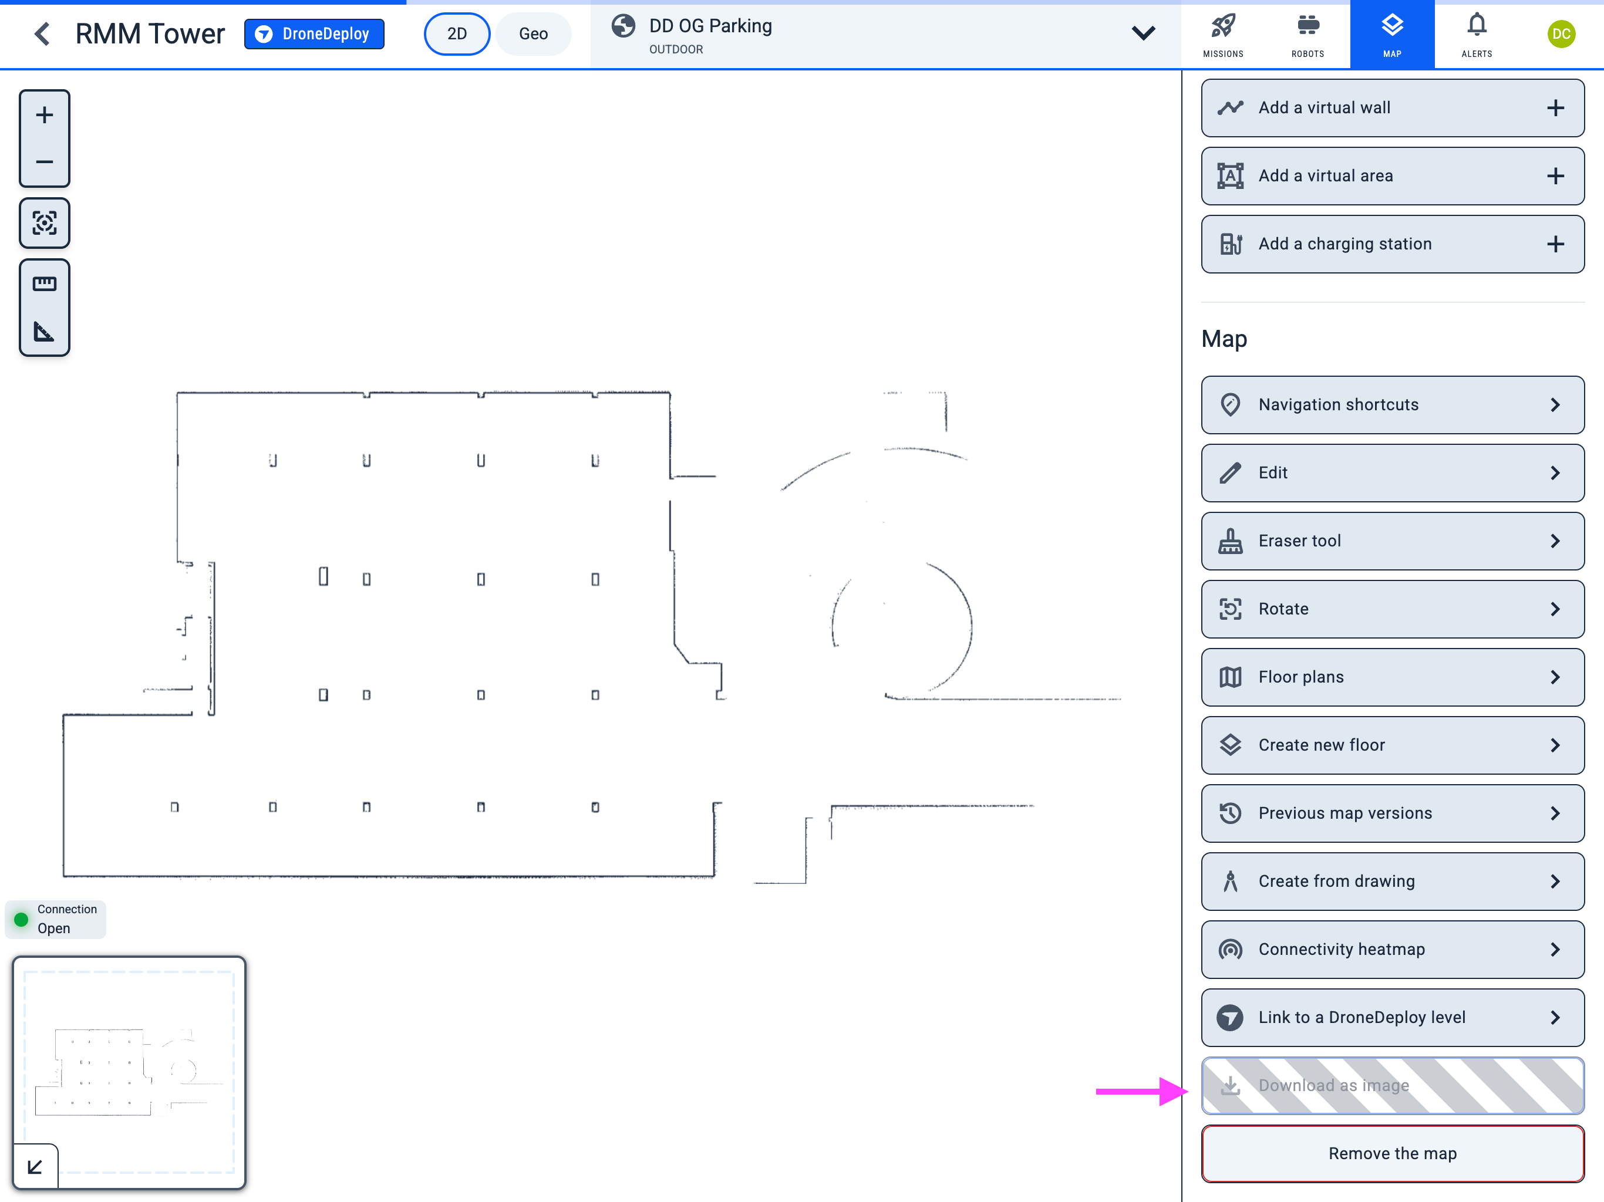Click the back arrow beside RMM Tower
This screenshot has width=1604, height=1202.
coord(43,34)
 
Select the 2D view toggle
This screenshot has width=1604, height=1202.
coord(457,34)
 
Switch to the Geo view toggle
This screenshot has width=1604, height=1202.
coord(533,34)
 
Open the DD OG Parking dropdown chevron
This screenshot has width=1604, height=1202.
coord(1143,33)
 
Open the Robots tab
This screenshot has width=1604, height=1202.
coord(1308,34)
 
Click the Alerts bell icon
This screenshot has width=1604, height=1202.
coord(1477,27)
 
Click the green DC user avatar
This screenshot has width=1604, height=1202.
coord(1561,34)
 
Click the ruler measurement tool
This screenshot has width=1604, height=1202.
coord(44,283)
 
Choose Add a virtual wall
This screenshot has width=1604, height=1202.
coord(1391,108)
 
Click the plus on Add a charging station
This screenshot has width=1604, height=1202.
coord(1555,244)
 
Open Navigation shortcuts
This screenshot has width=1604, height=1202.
coord(1391,404)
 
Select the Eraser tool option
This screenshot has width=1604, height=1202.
coord(1391,541)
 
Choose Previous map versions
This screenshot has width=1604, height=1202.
coord(1391,813)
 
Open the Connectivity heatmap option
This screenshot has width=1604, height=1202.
coord(1391,950)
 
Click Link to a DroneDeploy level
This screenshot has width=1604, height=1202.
coord(1391,1018)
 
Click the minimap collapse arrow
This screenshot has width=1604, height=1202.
coord(35,1166)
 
